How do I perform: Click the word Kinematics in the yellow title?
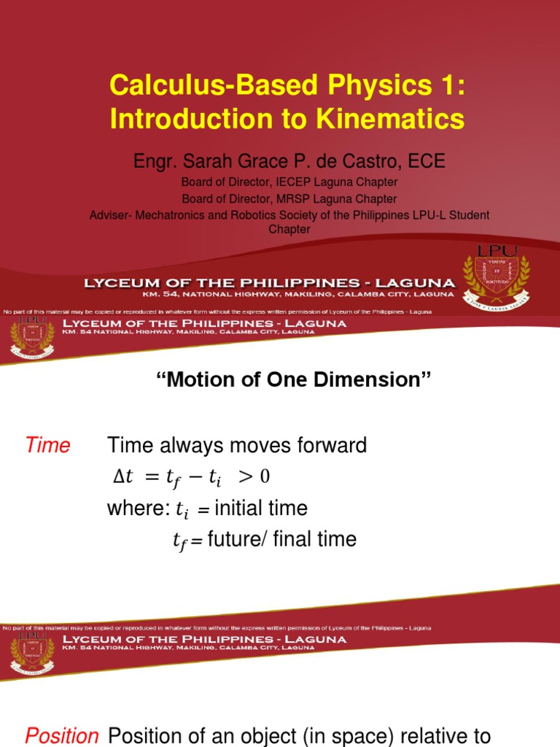[x=394, y=118]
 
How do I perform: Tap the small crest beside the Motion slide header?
[x=31, y=338]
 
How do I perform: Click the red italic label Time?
[x=48, y=446]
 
